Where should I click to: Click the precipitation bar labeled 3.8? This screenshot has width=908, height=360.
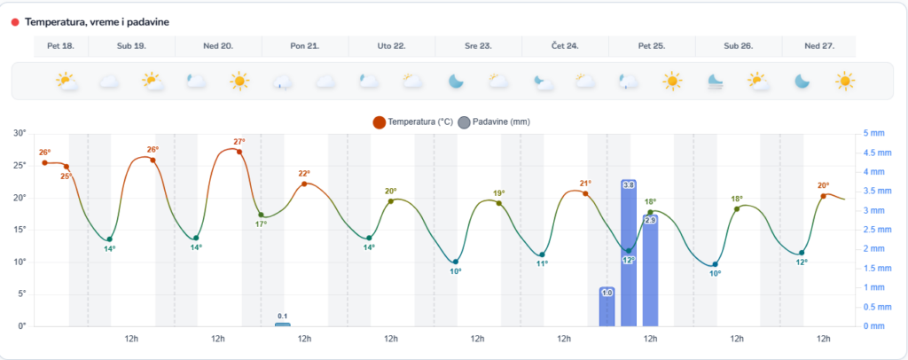point(629,253)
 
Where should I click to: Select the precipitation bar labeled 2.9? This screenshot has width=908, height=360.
point(650,270)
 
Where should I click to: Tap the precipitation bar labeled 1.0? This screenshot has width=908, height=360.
point(607,307)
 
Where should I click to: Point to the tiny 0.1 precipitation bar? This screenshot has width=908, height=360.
point(283,325)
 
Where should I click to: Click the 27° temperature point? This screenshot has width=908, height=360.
point(239,153)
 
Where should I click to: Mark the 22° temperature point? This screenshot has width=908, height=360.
point(304,184)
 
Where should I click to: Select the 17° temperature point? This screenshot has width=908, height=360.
point(262,215)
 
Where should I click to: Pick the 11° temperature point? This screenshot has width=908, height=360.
point(542,254)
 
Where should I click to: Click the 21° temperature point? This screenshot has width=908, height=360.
point(585,194)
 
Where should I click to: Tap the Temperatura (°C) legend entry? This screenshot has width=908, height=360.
point(412,122)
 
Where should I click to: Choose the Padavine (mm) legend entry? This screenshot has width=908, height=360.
point(494,122)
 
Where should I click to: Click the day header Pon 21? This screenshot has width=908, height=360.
point(305,46)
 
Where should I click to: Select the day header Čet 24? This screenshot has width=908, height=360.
point(565,46)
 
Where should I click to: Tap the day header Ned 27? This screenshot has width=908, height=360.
point(818,46)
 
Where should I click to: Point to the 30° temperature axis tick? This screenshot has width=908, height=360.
point(21,134)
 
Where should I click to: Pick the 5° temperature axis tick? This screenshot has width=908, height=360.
point(23,294)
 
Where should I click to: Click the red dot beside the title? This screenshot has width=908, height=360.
point(15,22)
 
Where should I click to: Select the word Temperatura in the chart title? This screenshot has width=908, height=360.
point(51,22)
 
